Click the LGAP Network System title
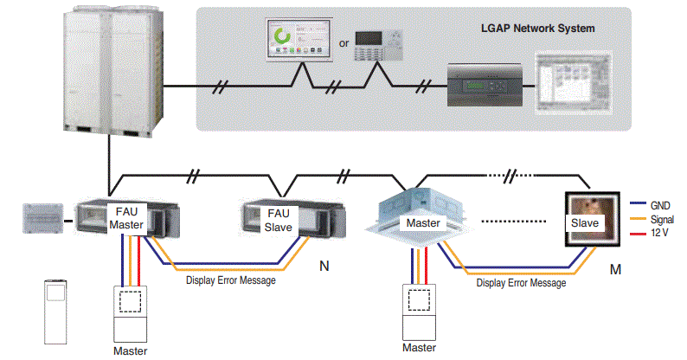(537, 28)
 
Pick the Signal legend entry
(663, 220)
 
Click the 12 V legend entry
(661, 233)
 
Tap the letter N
(324, 267)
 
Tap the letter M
(615, 270)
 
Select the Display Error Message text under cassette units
(520, 282)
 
